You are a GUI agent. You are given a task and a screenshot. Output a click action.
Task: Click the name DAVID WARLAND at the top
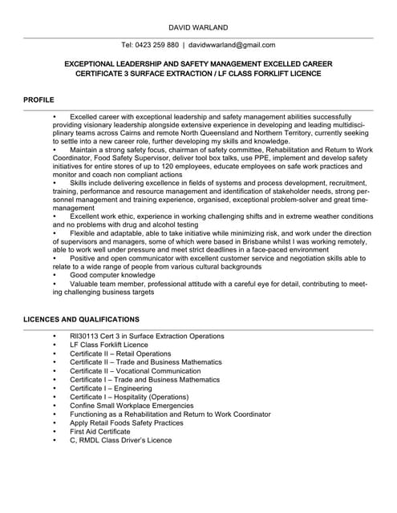[198, 26]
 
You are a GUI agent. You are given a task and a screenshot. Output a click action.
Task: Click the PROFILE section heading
[38, 100]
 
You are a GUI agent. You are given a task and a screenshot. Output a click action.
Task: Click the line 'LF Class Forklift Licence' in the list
[108, 345]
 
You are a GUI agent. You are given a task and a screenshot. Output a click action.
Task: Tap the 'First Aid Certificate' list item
[99, 431]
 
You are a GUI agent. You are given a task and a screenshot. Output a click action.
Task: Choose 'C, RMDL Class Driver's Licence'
[120, 440]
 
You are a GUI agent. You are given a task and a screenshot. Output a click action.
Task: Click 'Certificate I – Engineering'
[109, 388]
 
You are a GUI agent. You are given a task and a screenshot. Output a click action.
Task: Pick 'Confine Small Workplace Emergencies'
[131, 406]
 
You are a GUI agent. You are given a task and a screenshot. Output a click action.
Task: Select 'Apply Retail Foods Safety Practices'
[126, 422]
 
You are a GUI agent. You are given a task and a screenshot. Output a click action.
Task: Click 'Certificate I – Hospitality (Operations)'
[128, 397]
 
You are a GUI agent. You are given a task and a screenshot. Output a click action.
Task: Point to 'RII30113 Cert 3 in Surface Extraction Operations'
[147, 336]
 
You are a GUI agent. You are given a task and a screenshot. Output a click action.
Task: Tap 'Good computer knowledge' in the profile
[114, 274]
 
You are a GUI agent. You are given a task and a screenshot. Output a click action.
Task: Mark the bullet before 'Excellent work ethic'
[55, 216]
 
